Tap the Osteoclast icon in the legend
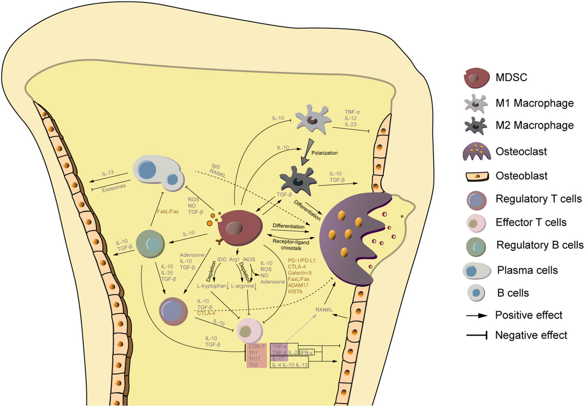tap(472, 151)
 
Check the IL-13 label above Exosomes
tap(109, 173)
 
